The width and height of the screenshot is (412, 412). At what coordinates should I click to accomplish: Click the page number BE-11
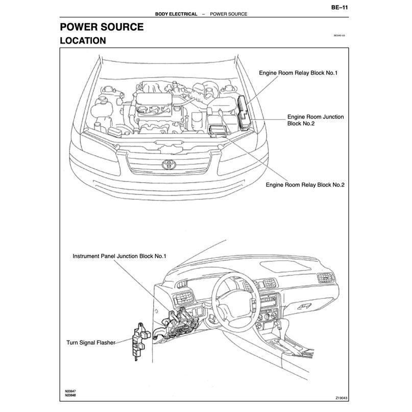(x=340, y=7)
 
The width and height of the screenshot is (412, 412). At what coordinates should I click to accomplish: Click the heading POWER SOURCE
(x=102, y=27)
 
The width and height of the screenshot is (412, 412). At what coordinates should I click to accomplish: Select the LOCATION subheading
(x=83, y=40)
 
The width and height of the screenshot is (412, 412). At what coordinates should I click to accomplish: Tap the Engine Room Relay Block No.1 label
(x=298, y=73)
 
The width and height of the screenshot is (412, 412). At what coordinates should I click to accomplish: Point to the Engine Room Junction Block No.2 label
(x=315, y=120)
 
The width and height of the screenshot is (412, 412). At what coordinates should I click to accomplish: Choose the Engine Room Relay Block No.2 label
(x=305, y=185)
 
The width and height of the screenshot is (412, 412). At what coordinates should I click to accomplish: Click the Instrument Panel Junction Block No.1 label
(x=119, y=256)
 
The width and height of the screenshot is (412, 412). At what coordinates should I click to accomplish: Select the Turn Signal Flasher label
(x=91, y=343)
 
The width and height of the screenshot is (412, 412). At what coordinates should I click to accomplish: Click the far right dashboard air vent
(x=325, y=279)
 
